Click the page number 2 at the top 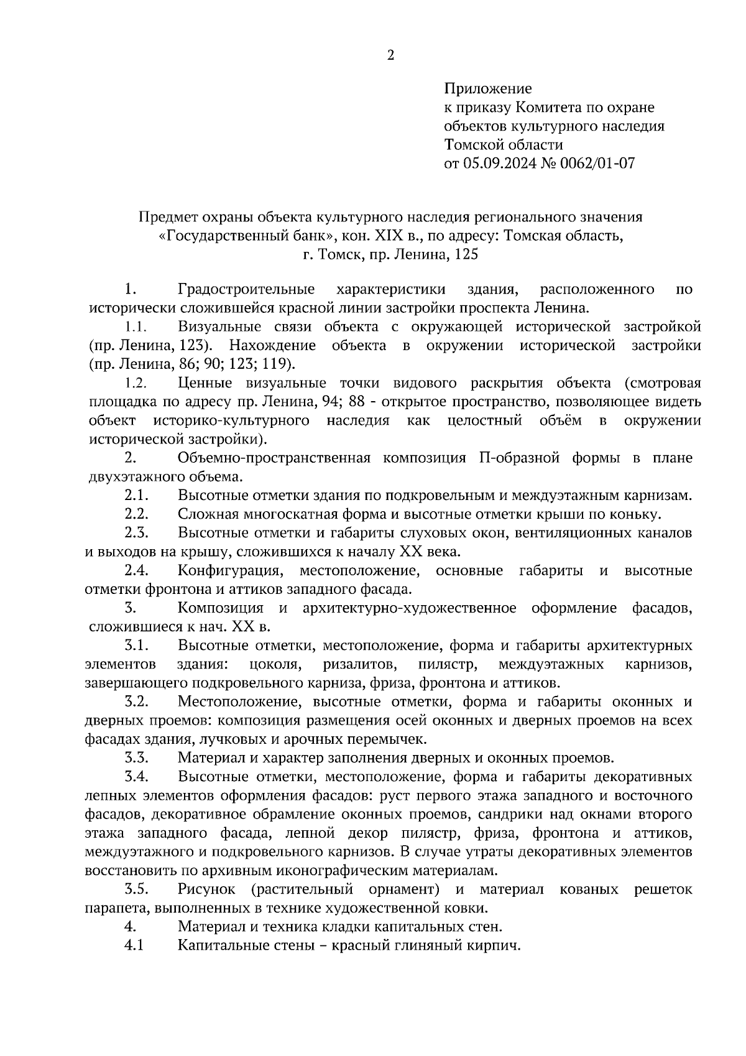point(390,56)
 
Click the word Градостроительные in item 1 point(246,289)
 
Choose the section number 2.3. point(136,533)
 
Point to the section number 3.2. point(136,702)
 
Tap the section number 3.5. point(136,889)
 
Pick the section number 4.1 point(134,945)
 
